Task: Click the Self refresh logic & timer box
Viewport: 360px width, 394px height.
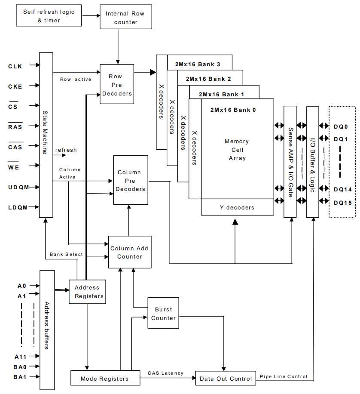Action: click(49, 15)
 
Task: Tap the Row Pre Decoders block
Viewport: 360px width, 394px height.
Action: click(117, 84)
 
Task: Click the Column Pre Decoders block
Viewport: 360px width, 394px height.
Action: click(131, 180)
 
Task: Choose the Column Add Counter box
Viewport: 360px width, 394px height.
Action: click(129, 252)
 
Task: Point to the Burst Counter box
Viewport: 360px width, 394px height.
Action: click(163, 313)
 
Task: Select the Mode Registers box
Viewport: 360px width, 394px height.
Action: click(105, 379)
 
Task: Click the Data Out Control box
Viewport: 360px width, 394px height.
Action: click(226, 379)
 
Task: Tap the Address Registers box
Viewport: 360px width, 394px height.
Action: click(87, 292)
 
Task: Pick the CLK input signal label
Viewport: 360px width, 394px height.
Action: click(15, 66)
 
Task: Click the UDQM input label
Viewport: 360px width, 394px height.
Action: click(18, 187)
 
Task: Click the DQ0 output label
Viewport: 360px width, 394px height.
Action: click(341, 126)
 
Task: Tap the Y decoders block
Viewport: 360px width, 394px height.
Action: click(237, 207)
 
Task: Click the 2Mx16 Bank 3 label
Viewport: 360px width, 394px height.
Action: click(198, 65)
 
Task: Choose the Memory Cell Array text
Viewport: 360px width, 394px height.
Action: click(237, 150)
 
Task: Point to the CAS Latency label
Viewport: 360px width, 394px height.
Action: click(165, 373)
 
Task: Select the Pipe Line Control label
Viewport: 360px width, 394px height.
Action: click(284, 376)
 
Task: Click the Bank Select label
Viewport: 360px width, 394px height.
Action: click(66, 254)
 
